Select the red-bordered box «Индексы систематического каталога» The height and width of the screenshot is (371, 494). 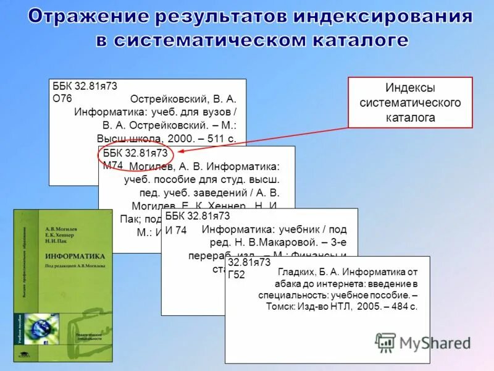410,102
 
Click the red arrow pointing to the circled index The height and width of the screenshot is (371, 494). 266,138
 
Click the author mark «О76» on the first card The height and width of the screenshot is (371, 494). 62,98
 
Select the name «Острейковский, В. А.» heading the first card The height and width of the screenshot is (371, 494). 183,99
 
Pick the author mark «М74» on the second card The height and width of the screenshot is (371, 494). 113,165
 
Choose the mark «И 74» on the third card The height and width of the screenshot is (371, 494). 176,230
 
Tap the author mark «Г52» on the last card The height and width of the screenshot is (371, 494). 237,275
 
